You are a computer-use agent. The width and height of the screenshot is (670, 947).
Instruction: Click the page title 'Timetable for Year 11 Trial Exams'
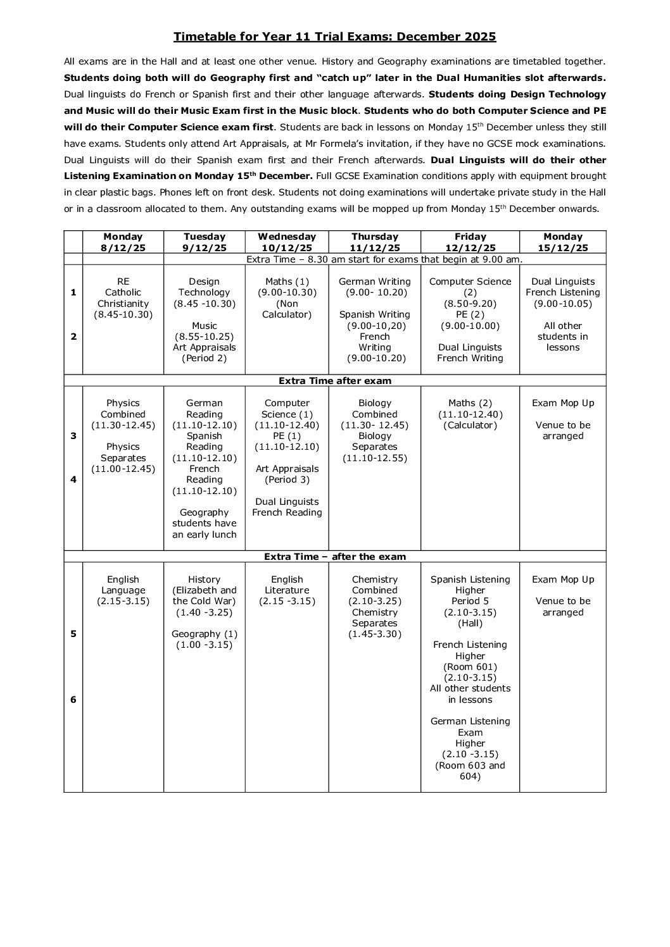334,37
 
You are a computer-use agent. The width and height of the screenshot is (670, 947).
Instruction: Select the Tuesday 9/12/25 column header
204,242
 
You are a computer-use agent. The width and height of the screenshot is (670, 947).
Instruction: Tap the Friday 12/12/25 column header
470,242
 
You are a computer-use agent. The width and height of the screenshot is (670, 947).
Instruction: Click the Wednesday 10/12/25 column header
287,242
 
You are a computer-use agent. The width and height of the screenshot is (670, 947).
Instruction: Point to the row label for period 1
73,292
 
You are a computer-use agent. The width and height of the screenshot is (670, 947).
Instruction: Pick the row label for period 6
73,700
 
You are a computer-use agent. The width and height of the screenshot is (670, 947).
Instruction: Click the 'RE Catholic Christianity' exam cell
123,298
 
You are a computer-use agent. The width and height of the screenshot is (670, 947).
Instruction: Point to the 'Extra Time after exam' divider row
335,381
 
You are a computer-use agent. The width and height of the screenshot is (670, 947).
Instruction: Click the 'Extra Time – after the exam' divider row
335,557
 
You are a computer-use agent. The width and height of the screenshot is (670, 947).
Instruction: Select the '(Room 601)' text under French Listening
470,667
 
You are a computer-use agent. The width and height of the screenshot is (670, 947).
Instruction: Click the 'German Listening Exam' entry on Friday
470,727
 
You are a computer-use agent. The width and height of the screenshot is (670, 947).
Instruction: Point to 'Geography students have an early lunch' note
204,523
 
